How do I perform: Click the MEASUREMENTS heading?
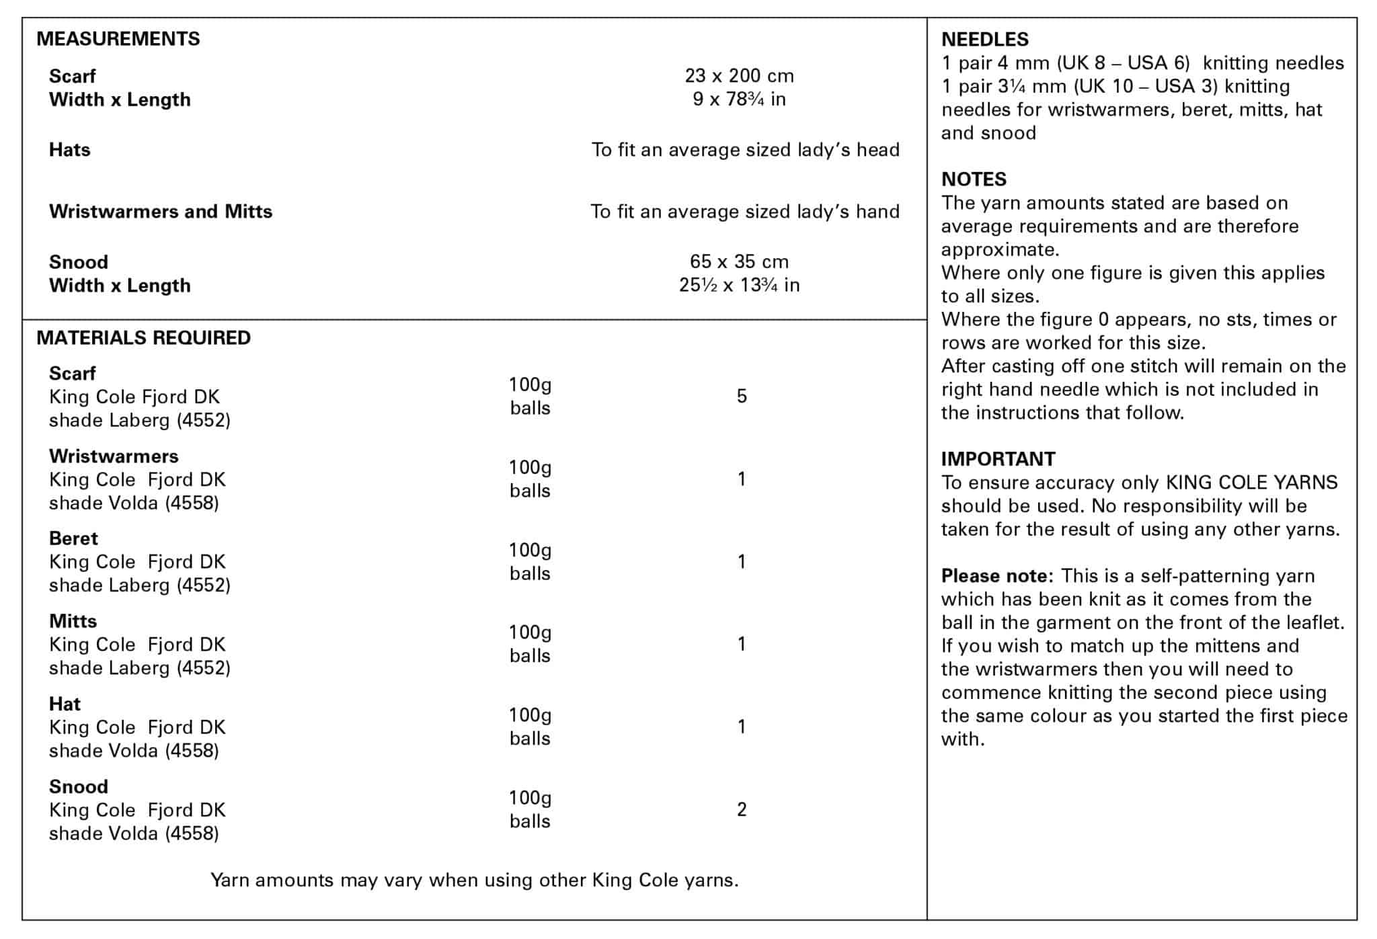pyautogui.click(x=118, y=39)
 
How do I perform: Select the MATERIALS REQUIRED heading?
pyautogui.click(x=143, y=338)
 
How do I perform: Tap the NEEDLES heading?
pyautogui.click(x=984, y=40)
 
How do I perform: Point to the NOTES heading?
pyautogui.click(x=974, y=179)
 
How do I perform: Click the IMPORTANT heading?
pyautogui.click(x=998, y=459)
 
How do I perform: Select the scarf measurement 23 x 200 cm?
pyautogui.click(x=739, y=76)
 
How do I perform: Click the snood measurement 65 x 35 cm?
pyautogui.click(x=739, y=261)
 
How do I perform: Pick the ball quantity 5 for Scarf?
pyautogui.click(x=742, y=397)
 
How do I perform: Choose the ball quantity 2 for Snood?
pyautogui.click(x=742, y=810)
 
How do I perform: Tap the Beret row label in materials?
pyautogui.click(x=73, y=538)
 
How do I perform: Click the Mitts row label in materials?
pyautogui.click(x=73, y=621)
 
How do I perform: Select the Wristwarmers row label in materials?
pyautogui.click(x=114, y=456)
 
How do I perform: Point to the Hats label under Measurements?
pyautogui.click(x=69, y=150)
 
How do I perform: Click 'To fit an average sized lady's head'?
pyautogui.click(x=745, y=150)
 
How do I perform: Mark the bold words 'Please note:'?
pyautogui.click(x=997, y=576)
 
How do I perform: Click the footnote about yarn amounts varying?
pyautogui.click(x=474, y=881)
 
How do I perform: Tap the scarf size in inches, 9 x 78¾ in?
pyautogui.click(x=739, y=99)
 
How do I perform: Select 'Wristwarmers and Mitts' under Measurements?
pyautogui.click(x=161, y=212)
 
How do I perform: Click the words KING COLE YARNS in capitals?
pyautogui.click(x=1251, y=483)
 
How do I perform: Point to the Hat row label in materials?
pyautogui.click(x=65, y=704)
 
